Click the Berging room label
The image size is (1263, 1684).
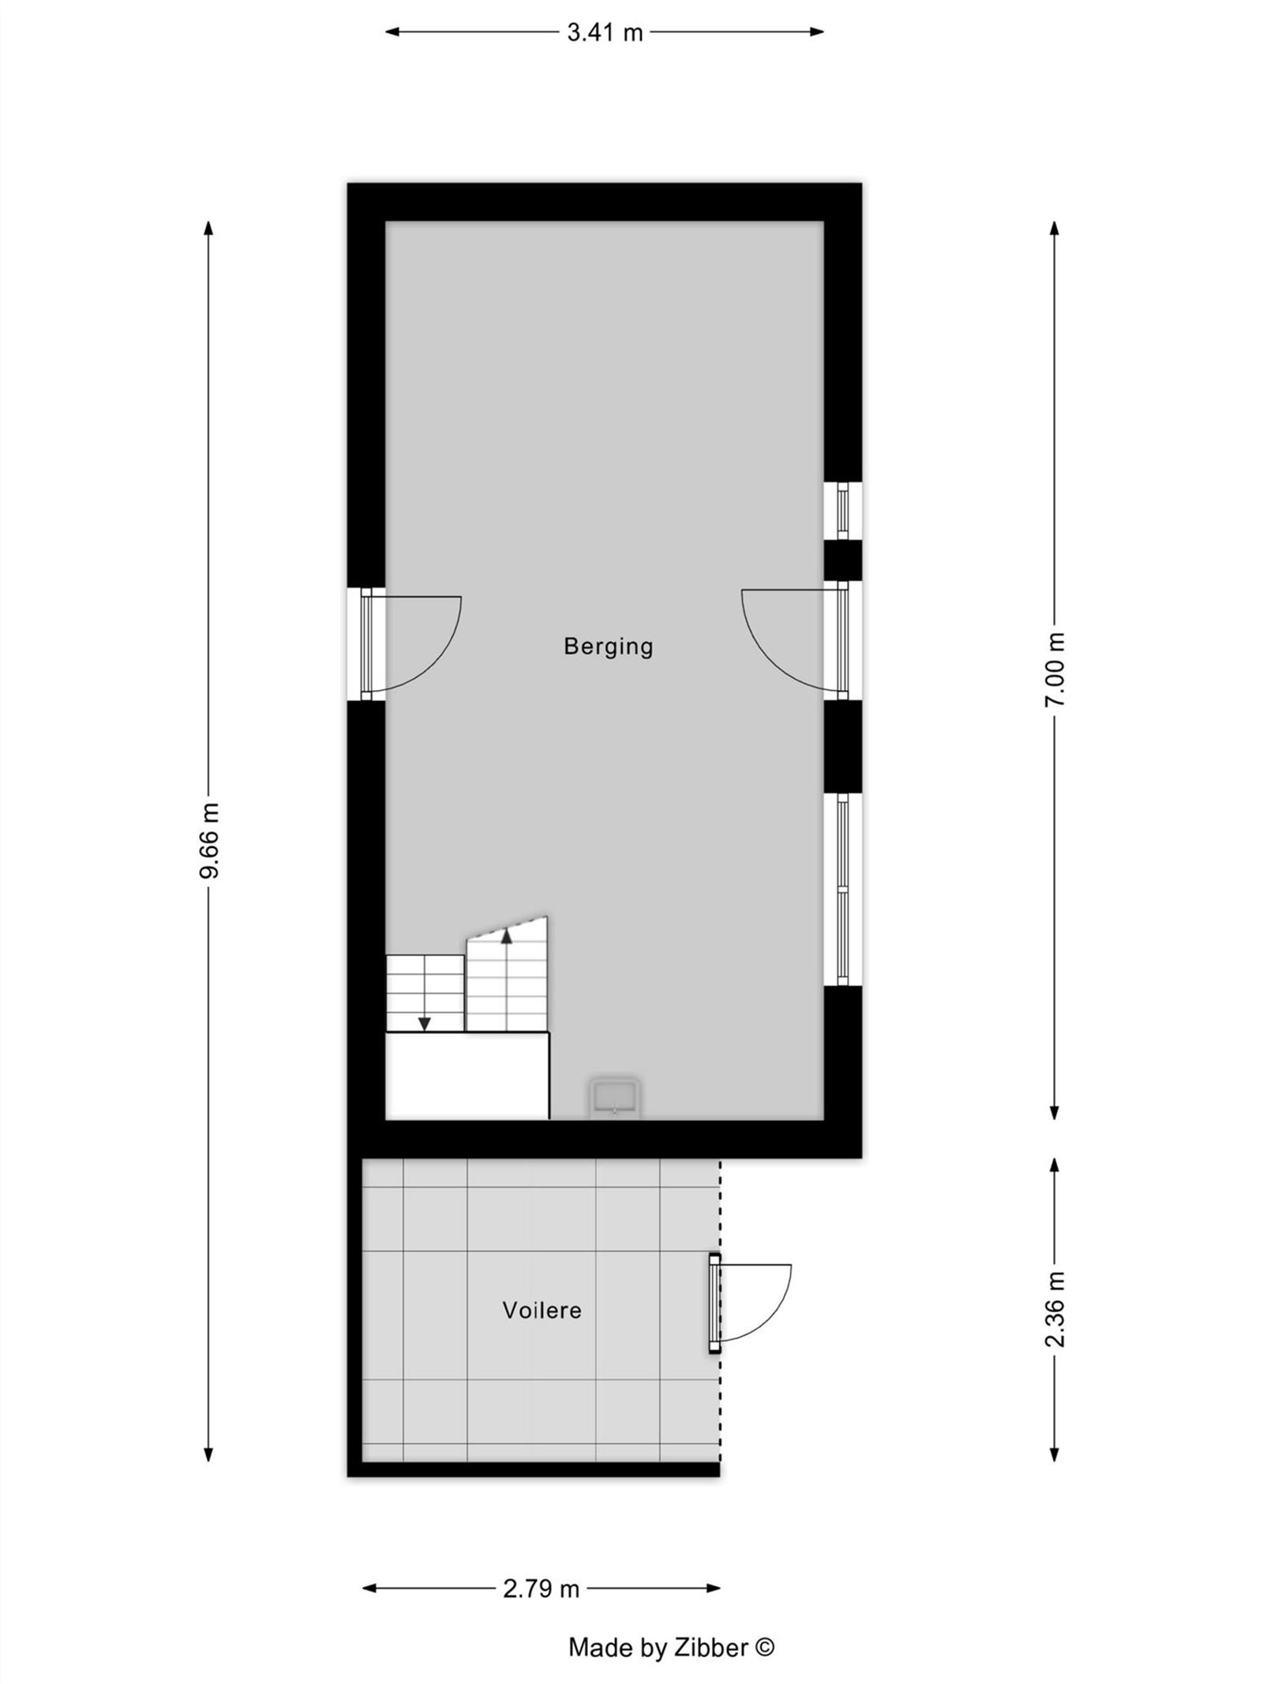click(x=608, y=647)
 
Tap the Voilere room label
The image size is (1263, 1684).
click(x=542, y=1311)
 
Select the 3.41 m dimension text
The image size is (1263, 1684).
click(x=605, y=32)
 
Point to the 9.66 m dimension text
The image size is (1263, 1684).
click(x=210, y=840)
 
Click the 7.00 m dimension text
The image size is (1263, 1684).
click(x=1055, y=669)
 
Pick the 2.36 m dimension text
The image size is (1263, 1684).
click(x=1055, y=1309)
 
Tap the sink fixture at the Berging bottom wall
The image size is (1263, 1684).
click(x=614, y=1097)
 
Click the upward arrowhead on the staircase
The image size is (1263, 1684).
click(x=506, y=936)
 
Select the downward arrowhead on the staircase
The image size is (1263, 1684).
click(x=425, y=1024)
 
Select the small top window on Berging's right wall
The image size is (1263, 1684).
click(x=842, y=510)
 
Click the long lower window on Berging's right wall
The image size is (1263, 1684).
click(x=842, y=889)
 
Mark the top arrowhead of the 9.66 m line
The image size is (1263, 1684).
click(x=208, y=228)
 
